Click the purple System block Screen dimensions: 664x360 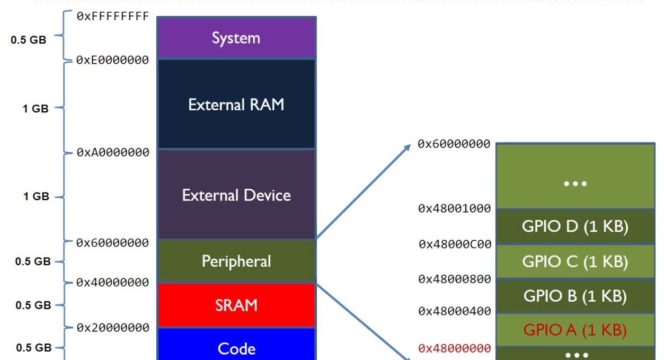pos(236,37)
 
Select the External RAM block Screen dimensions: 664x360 pos(236,104)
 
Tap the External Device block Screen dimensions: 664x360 pos(236,195)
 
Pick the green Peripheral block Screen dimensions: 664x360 pos(236,261)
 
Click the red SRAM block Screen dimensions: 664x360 pos(236,305)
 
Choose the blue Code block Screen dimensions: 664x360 pos(236,344)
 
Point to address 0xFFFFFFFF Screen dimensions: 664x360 pos(113,16)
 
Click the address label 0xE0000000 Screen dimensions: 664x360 pos(113,60)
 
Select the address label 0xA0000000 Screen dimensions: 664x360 pos(113,152)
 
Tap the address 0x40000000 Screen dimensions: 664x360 pos(113,282)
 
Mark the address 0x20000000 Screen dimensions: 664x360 pos(113,328)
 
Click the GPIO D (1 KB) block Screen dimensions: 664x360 pos(575,226)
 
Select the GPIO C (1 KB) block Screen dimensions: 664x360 pos(575,261)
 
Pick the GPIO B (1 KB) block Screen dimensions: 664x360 pos(575,296)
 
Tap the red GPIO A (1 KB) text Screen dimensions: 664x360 pos(575,330)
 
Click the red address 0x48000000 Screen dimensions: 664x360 pos(455,348)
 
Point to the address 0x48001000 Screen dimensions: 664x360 pos(455,208)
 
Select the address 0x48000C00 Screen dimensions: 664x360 pos(455,244)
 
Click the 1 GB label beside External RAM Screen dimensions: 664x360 pos(36,109)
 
